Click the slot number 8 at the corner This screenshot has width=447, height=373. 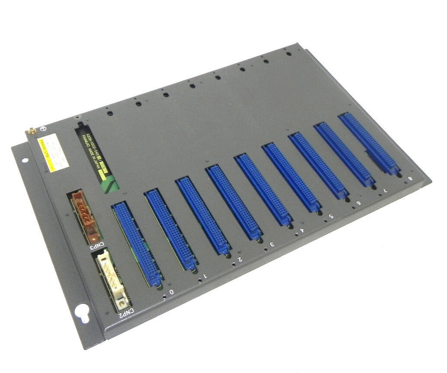(409, 179)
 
